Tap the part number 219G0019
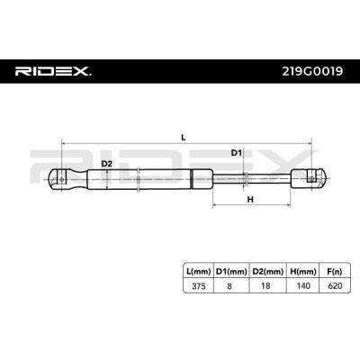click(x=312, y=71)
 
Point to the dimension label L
click(x=184, y=138)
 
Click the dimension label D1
click(x=236, y=153)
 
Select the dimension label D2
click(x=106, y=164)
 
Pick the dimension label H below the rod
click(x=250, y=199)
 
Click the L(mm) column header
click(x=198, y=272)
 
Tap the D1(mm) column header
click(x=231, y=272)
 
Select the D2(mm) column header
click(x=268, y=272)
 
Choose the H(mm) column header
click(x=303, y=272)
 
